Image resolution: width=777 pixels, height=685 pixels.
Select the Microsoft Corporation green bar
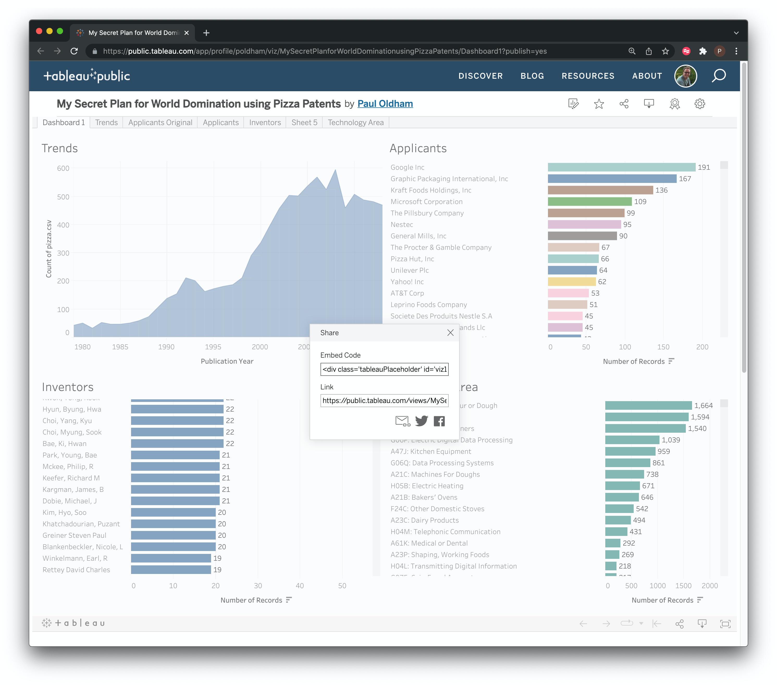click(589, 201)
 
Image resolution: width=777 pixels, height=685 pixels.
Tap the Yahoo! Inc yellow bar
click(571, 282)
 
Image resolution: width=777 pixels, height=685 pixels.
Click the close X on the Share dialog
click(451, 333)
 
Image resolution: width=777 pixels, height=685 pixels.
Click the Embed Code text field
click(384, 369)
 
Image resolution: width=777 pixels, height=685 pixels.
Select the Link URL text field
click(384, 401)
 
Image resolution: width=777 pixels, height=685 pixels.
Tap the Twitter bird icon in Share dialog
click(421, 421)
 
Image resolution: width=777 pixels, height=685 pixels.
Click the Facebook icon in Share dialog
click(439, 421)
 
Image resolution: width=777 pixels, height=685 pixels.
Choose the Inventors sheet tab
click(265, 123)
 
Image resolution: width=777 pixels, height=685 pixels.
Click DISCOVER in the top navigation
click(480, 76)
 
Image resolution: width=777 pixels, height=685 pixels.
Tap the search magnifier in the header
click(718, 76)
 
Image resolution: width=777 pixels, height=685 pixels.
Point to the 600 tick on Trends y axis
click(63, 168)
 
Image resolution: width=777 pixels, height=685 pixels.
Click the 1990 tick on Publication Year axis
click(166, 347)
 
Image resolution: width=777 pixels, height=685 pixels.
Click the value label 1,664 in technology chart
click(703, 405)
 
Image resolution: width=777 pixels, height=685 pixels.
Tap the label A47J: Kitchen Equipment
click(431, 451)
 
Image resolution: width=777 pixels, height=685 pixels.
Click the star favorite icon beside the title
click(599, 104)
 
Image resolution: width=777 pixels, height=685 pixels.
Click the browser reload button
click(74, 51)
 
